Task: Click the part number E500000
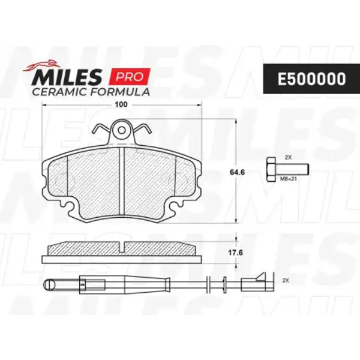(x=311, y=79)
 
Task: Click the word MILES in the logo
(x=67, y=77)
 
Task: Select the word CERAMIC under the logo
(x=59, y=92)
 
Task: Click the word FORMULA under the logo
(x=120, y=92)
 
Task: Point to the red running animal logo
(x=41, y=65)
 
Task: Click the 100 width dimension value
(x=121, y=104)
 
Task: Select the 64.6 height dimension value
(x=237, y=172)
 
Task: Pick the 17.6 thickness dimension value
(x=235, y=253)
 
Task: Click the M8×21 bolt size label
(x=289, y=179)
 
